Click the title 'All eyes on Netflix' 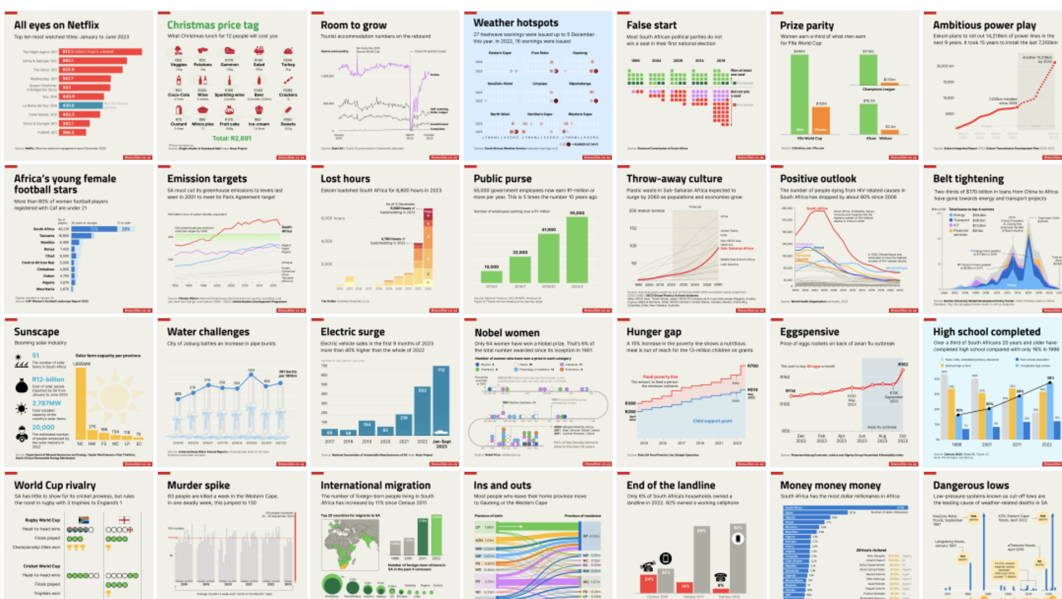57,25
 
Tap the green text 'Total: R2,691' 232,138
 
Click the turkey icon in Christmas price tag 288,51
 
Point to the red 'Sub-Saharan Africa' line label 737,248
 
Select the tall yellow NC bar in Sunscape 81,402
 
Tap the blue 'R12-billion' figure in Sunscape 48,379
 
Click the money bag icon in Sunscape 21,386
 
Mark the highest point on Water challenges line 251,374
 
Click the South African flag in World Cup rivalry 84,519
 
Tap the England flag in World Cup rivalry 124,519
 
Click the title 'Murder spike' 198,485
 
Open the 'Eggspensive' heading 809,332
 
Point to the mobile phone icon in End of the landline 665,559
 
